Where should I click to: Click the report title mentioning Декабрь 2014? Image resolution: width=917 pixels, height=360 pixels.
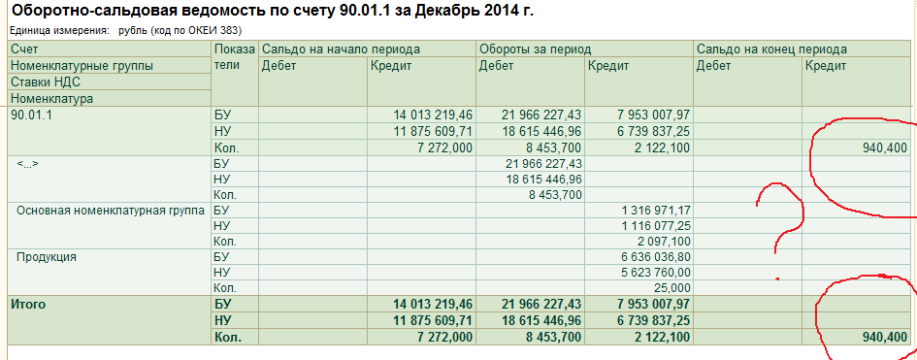pos(273,11)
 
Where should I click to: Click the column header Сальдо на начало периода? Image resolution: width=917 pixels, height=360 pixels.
pos(341,49)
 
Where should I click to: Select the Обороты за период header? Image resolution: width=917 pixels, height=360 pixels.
pos(535,49)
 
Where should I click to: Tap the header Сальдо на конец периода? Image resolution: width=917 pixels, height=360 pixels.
pos(772,49)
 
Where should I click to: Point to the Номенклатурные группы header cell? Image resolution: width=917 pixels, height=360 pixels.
pos(82,66)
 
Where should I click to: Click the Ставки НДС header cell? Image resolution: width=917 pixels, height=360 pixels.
pos(46,82)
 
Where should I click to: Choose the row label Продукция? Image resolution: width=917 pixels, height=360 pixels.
pos(47,256)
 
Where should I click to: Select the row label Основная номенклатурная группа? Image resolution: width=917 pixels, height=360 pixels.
pos(111,211)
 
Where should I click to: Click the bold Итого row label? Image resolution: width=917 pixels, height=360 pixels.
pos(28,305)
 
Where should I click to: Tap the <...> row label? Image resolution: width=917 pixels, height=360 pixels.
pos(27,164)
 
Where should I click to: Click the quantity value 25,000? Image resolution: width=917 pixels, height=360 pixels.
pos(674,287)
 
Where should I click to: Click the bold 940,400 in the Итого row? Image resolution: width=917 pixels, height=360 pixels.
pos(885,338)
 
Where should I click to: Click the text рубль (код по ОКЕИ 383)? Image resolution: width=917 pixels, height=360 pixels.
pos(180,30)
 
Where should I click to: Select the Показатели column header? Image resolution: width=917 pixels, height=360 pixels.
pos(235,57)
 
